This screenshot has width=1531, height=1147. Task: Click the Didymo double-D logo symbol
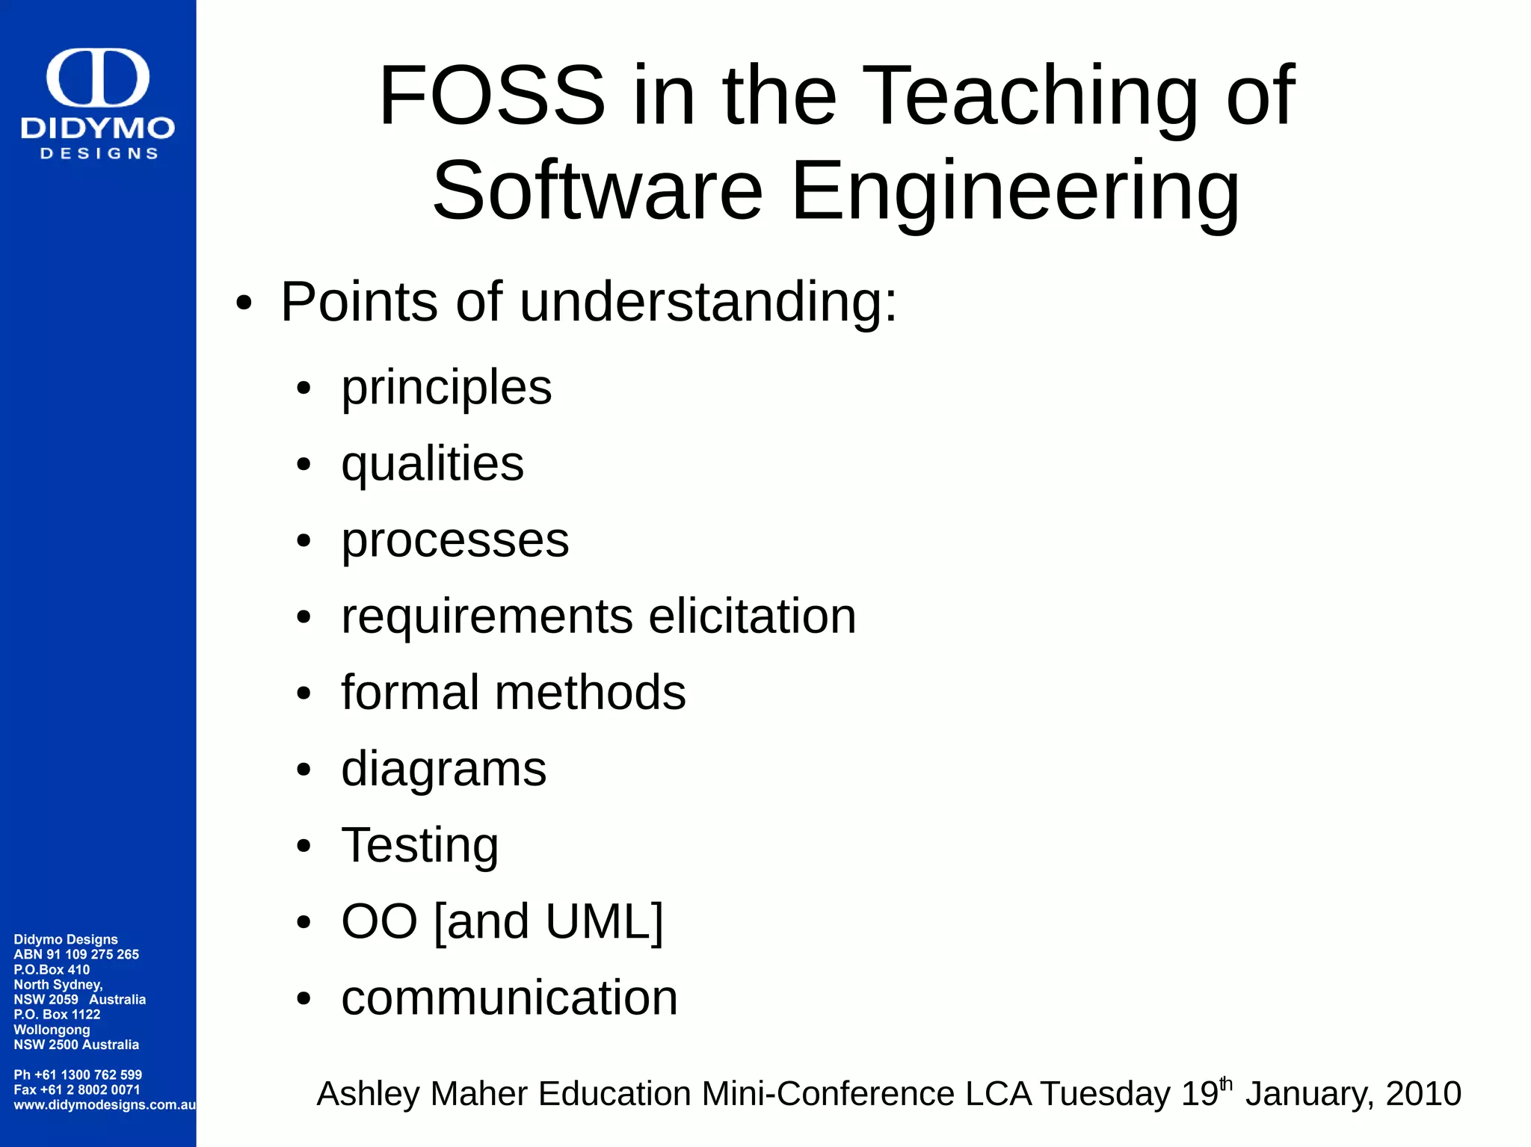click(x=98, y=78)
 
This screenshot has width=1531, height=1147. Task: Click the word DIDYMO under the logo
click(x=98, y=129)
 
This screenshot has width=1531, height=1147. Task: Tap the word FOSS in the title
click(x=492, y=96)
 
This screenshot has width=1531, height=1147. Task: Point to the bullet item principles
click(x=446, y=388)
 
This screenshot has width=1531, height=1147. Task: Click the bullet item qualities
click(x=432, y=464)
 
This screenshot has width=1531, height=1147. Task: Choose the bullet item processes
click(x=455, y=540)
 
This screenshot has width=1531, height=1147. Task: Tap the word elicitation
click(x=751, y=616)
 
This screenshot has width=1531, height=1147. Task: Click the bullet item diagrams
click(x=443, y=770)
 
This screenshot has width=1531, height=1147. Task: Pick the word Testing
click(x=419, y=845)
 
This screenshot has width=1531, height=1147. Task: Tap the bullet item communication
click(x=509, y=998)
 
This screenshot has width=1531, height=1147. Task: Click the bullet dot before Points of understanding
click(x=244, y=304)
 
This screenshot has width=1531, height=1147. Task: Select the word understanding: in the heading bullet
click(x=707, y=303)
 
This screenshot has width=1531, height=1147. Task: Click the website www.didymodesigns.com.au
click(x=104, y=1104)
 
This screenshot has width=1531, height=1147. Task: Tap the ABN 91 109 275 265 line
click(x=76, y=954)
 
